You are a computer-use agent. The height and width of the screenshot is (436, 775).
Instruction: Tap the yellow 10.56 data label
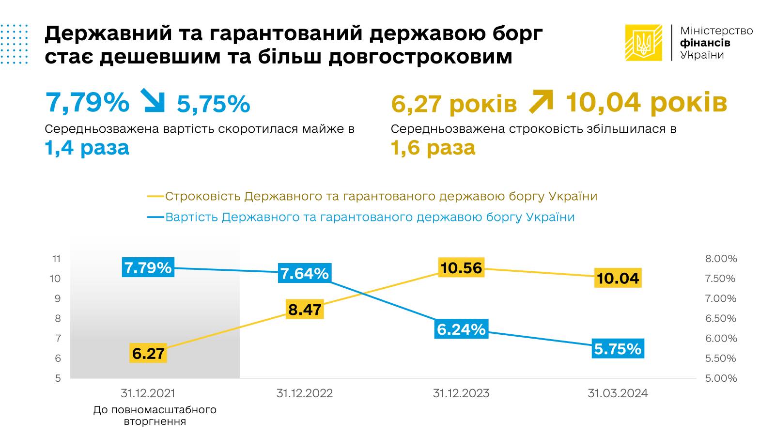[461, 268]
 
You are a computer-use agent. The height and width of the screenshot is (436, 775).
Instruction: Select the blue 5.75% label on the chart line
[618, 349]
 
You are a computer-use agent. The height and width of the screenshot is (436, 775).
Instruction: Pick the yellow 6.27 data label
[148, 353]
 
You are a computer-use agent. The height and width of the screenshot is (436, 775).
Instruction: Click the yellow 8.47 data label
[305, 309]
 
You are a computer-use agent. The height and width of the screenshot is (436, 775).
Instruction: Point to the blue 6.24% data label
[461, 329]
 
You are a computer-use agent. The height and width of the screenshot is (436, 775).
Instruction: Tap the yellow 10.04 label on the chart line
[618, 278]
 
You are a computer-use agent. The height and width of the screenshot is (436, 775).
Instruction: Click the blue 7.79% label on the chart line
[148, 267]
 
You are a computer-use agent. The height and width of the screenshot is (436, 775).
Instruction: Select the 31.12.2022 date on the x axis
[305, 393]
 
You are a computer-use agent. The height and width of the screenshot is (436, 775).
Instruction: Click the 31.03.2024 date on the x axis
[618, 393]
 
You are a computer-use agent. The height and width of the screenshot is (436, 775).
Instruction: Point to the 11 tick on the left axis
[57, 259]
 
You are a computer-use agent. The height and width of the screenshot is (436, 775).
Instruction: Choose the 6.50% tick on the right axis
[721, 318]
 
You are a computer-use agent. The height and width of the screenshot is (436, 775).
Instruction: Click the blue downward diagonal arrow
[153, 101]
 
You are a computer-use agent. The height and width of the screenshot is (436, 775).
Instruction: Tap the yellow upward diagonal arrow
[541, 101]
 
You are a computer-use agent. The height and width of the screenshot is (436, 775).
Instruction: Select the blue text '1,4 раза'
[87, 148]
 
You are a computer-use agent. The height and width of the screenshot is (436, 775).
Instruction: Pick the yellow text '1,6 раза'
[433, 148]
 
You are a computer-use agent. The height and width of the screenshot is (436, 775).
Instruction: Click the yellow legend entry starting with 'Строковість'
[372, 196]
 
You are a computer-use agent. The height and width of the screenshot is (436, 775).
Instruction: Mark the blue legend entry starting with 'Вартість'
[361, 217]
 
